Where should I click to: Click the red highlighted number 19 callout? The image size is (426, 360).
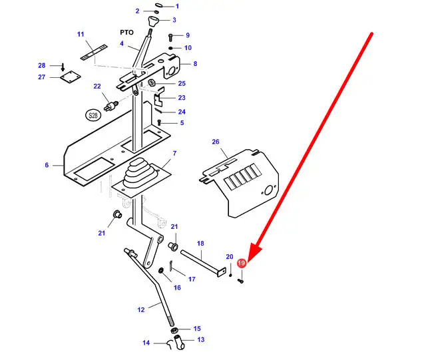pos(241,263)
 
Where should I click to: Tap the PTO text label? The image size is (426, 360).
pos(126,33)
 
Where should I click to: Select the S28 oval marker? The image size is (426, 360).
pos(93,116)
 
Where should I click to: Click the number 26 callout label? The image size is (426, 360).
pos(216,142)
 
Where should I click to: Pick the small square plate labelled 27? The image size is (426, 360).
pos(71,77)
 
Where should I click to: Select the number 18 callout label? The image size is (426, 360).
pos(200,244)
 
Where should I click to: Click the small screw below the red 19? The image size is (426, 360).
pos(240,281)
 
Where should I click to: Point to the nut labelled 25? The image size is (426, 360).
pos(152,83)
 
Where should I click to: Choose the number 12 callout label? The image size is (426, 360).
pos(141,309)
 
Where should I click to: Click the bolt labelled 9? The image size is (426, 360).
pos(170,37)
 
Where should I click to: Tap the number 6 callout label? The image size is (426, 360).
pos(47,165)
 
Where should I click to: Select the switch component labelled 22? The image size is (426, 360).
pos(111,105)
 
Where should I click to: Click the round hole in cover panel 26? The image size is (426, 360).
pos(268,190)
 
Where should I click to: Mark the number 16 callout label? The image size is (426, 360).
pos(177,287)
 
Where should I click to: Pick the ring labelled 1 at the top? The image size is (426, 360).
pos(158,5)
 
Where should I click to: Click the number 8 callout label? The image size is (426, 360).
pos(195,64)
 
